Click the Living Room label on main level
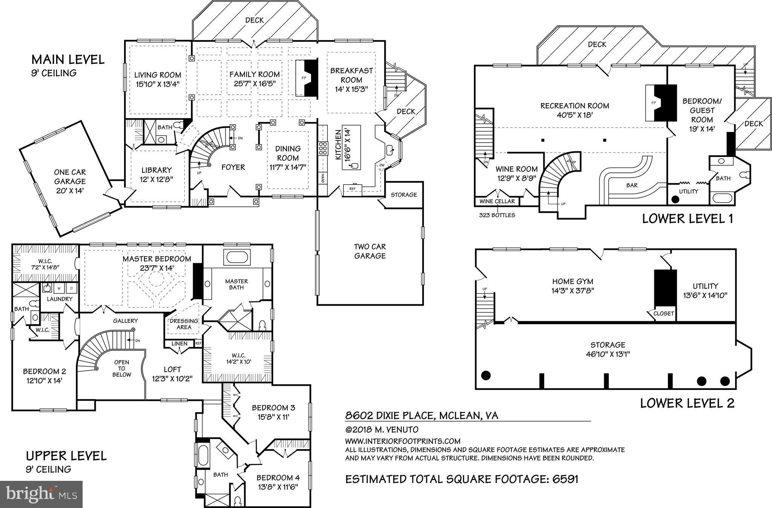click(158, 75)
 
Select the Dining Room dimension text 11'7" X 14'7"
click(288, 167)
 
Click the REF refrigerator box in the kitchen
click(352, 188)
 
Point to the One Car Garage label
click(70, 177)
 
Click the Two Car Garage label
click(370, 251)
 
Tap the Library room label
click(157, 170)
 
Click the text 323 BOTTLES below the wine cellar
click(497, 216)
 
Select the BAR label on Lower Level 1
click(632, 185)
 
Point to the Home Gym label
click(572, 281)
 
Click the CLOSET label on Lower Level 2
click(663, 313)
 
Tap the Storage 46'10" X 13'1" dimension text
click(608, 354)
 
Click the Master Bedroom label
click(157, 259)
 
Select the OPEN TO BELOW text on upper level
click(121, 368)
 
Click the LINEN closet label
click(179, 343)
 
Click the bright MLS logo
click(41, 494)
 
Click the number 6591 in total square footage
click(565, 479)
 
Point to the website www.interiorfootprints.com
click(402, 441)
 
